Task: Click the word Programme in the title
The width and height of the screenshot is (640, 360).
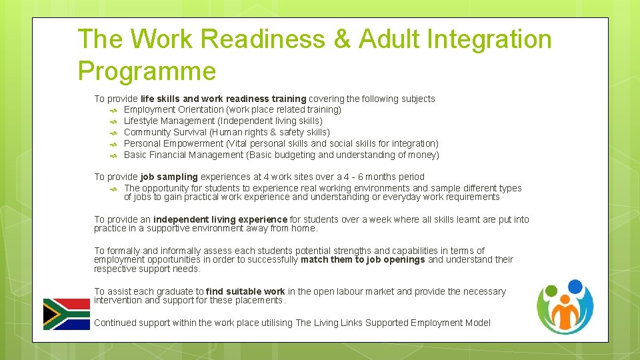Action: click(x=147, y=71)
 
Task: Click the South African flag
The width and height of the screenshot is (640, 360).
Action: click(x=67, y=314)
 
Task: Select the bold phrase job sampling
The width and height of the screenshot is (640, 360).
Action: click(x=169, y=177)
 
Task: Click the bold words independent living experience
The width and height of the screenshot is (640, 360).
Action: click(x=220, y=219)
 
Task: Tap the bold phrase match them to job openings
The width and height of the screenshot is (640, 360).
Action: click(x=363, y=260)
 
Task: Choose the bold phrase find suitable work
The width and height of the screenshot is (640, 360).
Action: click(x=245, y=291)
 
